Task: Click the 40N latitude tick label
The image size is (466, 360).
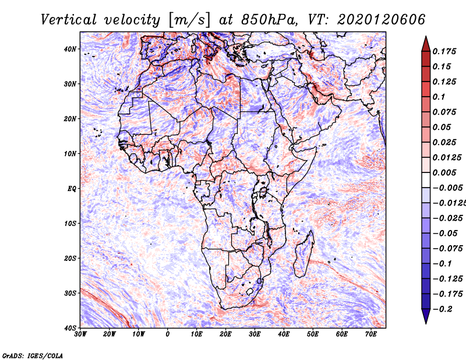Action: pyautogui.click(x=70, y=49)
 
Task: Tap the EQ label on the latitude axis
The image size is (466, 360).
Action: pyautogui.click(x=72, y=189)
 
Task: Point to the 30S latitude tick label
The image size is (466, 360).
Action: pyautogui.click(x=70, y=294)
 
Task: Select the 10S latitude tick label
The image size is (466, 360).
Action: pyautogui.click(x=70, y=224)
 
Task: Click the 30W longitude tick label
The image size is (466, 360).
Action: pyautogui.click(x=80, y=334)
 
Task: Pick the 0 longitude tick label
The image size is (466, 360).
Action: pyautogui.click(x=168, y=334)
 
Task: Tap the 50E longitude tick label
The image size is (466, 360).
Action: pyautogui.click(x=313, y=334)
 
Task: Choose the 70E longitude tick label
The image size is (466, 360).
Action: pyautogui.click(x=371, y=334)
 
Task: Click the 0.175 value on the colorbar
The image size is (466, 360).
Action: pyautogui.click(x=444, y=52)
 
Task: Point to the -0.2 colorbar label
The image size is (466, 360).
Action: pyautogui.click(x=442, y=309)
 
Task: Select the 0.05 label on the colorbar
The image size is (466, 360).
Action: pyautogui.click(x=442, y=127)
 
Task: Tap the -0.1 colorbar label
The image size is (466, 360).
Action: pyautogui.click(x=442, y=264)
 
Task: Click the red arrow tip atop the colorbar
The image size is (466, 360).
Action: pyautogui.click(x=426, y=37)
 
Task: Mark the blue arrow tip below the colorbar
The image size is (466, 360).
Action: pyautogui.click(x=426, y=323)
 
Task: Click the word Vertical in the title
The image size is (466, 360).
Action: pyautogui.click(x=69, y=20)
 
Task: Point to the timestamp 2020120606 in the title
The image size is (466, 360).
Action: pyautogui.click(x=382, y=20)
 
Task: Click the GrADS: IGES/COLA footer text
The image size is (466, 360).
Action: pyautogui.click(x=33, y=356)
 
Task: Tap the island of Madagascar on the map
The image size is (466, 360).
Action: pyautogui.click(x=303, y=255)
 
